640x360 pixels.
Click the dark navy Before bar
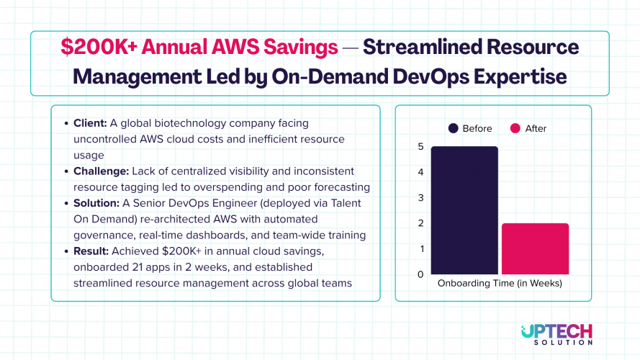(464, 210)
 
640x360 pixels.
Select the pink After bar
(535, 248)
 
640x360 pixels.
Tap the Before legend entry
(470, 128)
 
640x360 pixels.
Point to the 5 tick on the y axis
(420, 147)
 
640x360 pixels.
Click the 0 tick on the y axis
(420, 274)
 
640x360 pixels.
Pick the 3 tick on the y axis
(420, 198)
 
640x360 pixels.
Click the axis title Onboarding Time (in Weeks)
(500, 284)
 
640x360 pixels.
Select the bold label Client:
(90, 123)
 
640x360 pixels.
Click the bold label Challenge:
(99, 171)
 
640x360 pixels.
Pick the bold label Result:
(91, 251)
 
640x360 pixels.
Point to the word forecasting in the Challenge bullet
(338, 187)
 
